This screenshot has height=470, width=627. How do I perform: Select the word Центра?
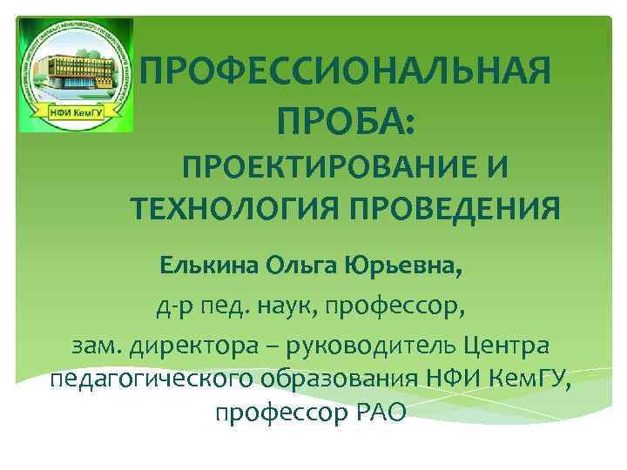pos(505,346)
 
